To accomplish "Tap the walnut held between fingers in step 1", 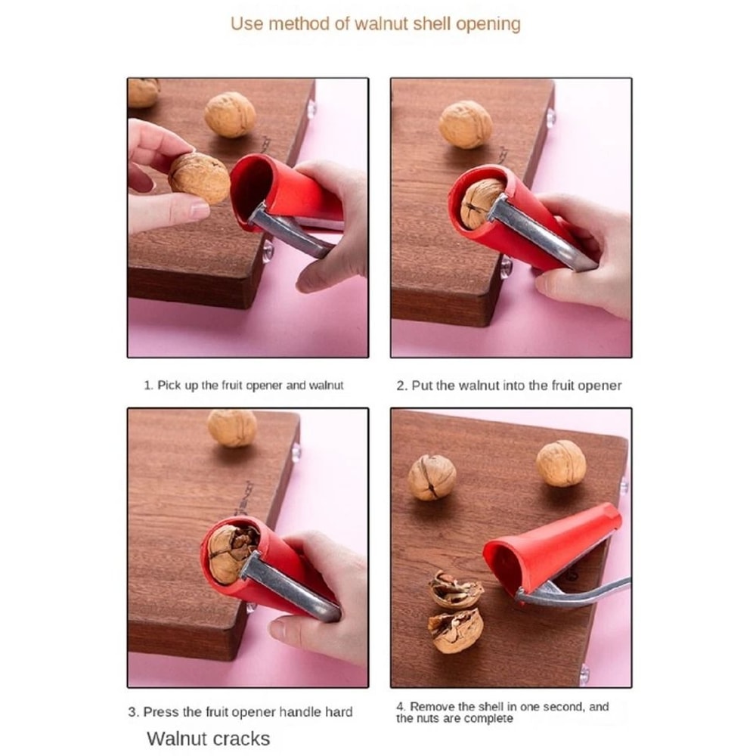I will [x=199, y=178].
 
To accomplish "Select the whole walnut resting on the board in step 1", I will [x=230, y=114].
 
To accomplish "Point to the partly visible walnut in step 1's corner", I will [x=143, y=91].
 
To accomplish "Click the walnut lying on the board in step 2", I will [x=466, y=124].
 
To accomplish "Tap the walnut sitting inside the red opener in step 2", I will [x=480, y=203].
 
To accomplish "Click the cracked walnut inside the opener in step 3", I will [x=229, y=553].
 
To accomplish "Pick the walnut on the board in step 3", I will [x=232, y=428].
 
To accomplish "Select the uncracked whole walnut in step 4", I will [x=561, y=463].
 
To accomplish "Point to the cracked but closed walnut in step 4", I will [x=432, y=477].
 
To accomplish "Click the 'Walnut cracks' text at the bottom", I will [x=208, y=737].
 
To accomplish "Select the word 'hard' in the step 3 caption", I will [x=339, y=711].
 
